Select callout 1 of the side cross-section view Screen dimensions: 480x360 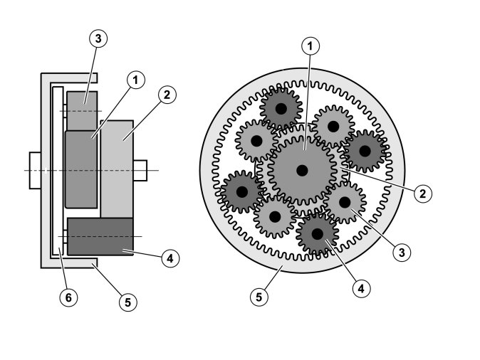(x=133, y=80)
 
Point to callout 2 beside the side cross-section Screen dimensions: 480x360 (x=167, y=94)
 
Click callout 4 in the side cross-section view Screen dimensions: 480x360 (x=169, y=258)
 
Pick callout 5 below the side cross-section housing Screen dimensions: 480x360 (x=127, y=302)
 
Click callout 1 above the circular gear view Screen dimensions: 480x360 (x=310, y=46)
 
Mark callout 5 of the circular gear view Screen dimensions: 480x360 (x=261, y=295)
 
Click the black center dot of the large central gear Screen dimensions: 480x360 (x=303, y=170)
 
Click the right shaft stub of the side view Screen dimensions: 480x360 (x=140, y=170)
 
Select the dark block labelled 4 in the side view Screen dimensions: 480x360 (x=100, y=237)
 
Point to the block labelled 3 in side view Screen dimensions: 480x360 (x=80, y=110)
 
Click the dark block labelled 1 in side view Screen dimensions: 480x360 (x=80, y=169)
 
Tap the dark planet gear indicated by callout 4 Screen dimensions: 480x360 (x=318, y=233)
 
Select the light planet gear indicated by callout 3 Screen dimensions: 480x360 (x=345, y=202)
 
